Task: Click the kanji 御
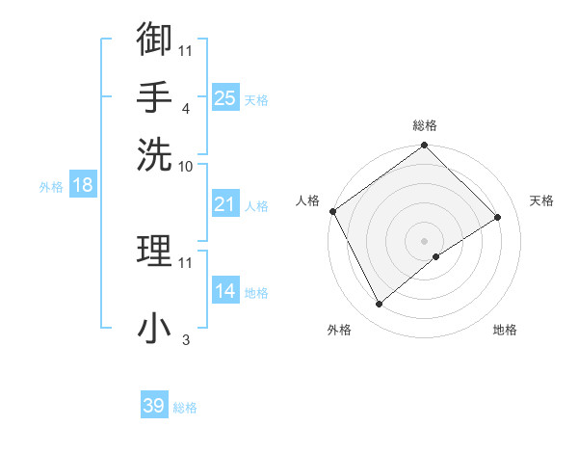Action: point(154,40)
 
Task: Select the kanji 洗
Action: point(154,151)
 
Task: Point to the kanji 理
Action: point(154,252)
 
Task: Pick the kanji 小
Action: point(154,329)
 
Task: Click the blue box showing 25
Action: point(225,97)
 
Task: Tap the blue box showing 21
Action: point(225,204)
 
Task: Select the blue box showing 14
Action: point(225,291)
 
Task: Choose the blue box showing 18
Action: point(82,186)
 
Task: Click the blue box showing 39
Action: point(154,406)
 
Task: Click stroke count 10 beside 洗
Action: point(186,166)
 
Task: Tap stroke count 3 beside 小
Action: point(185,340)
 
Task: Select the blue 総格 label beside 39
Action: point(185,408)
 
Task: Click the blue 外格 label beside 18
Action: point(51,187)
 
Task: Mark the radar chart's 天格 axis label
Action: point(541,200)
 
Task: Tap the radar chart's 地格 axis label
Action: point(505,330)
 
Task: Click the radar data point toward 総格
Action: point(424,147)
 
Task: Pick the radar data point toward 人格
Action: point(332,211)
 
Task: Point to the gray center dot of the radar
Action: point(424,240)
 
